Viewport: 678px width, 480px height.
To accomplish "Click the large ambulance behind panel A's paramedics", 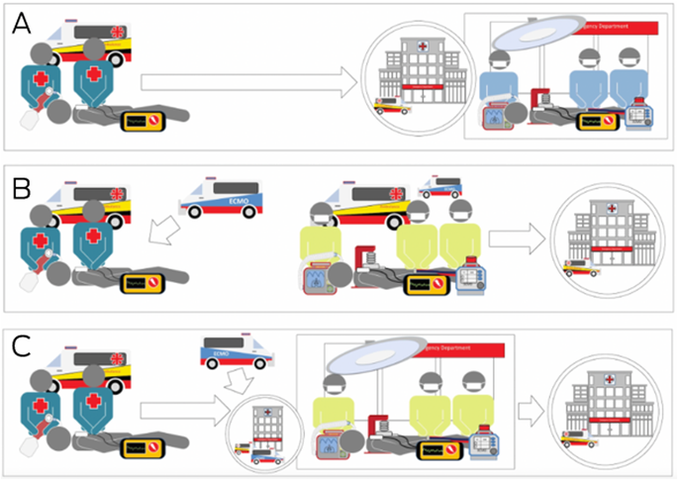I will [x=75, y=38].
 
